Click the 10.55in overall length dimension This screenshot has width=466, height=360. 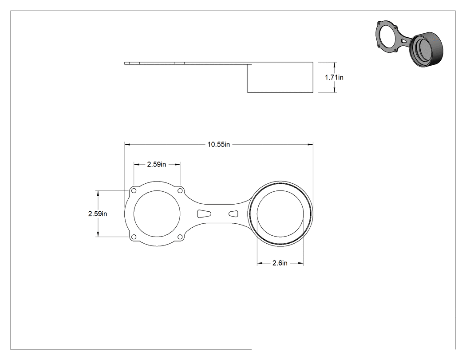point(218,144)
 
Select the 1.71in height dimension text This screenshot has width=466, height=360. point(334,77)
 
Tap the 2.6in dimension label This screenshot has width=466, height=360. point(280,263)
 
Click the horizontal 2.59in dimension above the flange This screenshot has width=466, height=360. point(157,164)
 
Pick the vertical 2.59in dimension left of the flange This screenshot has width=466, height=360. point(98,214)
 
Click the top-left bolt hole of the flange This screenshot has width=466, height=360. point(134,190)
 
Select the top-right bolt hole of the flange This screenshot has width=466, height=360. point(180,190)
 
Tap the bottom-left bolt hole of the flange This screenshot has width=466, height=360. point(134,237)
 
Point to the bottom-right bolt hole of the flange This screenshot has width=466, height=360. point(180,237)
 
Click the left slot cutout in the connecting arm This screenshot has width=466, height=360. point(204,214)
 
